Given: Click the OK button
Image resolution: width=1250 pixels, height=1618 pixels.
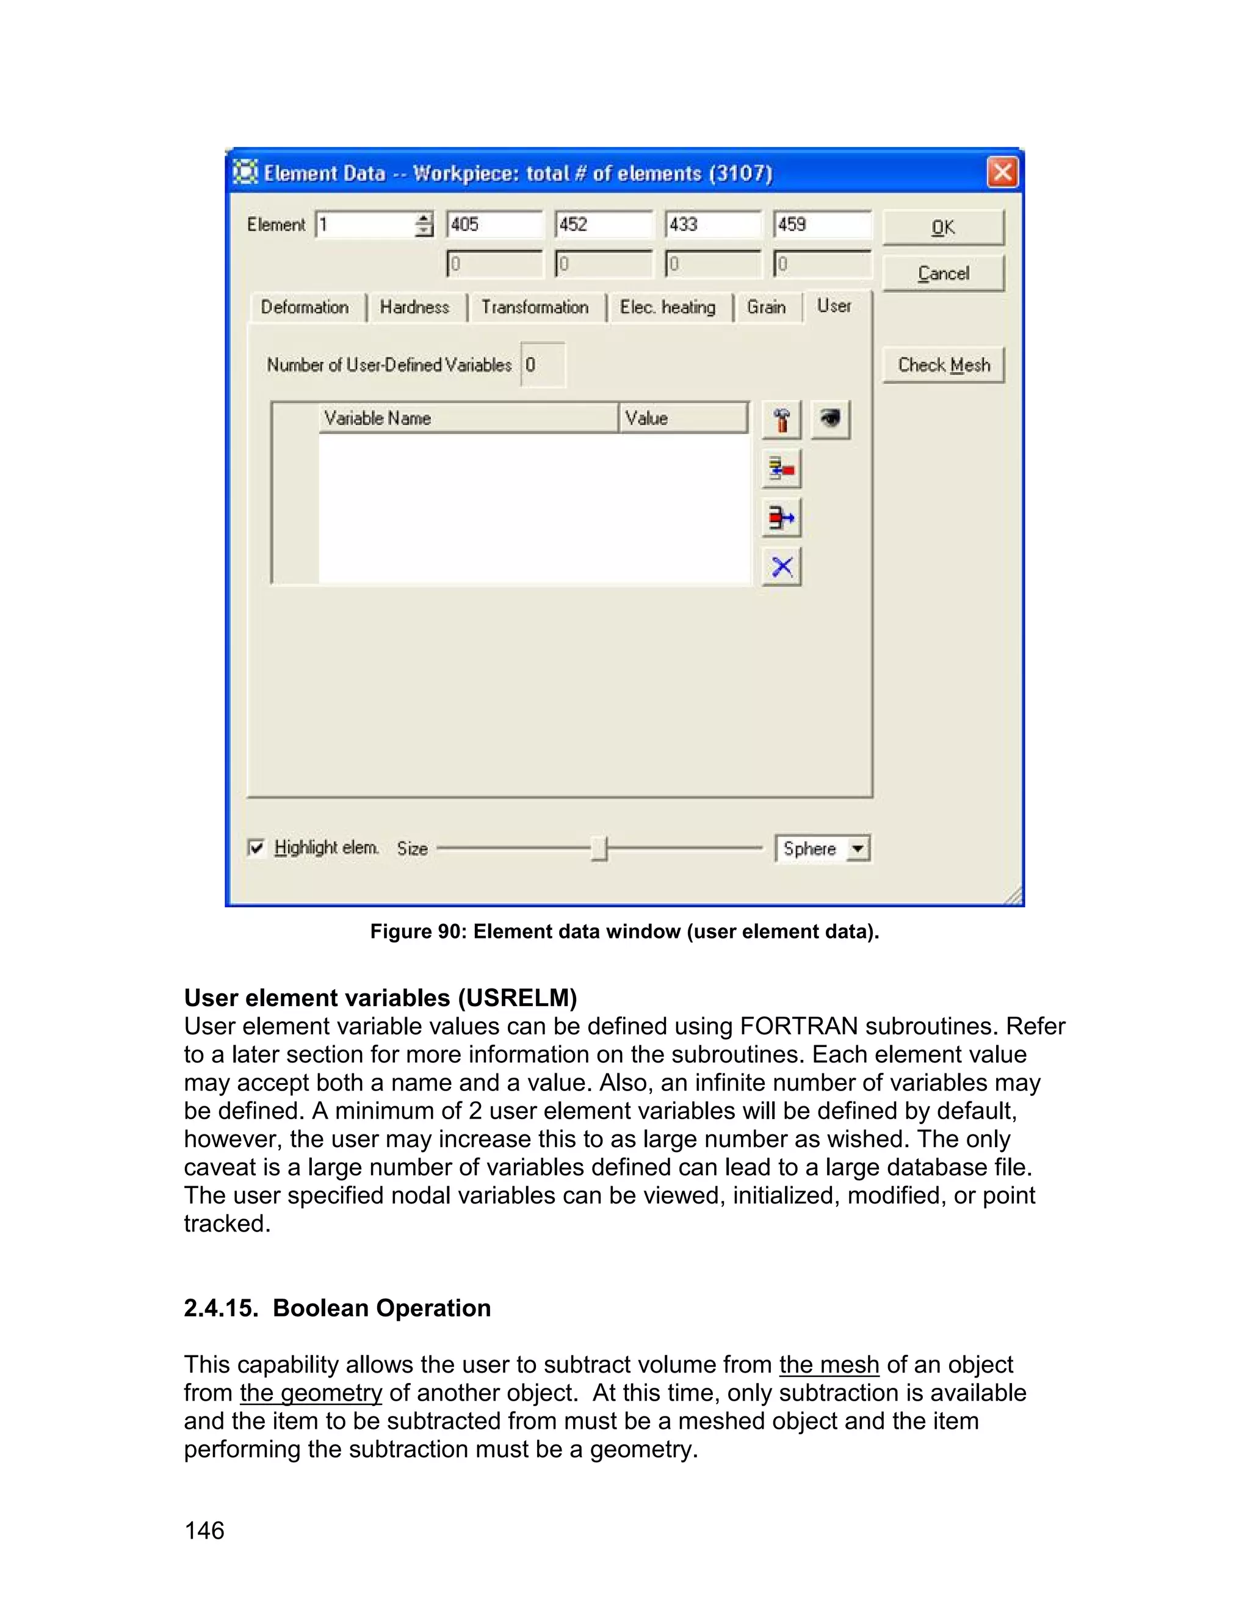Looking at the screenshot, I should click(x=942, y=228).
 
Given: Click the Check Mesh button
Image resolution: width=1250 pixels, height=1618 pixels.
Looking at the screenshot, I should click(x=942, y=365).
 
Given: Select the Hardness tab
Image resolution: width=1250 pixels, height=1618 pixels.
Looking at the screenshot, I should click(x=414, y=308).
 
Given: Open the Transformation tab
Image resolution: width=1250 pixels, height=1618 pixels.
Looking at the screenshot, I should click(x=535, y=308).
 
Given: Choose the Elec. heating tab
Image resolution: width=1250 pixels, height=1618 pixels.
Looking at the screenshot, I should click(x=667, y=308).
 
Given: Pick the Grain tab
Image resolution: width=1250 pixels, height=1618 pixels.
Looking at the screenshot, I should click(x=766, y=308).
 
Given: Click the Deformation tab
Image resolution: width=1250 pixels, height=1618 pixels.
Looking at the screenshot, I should click(x=305, y=308).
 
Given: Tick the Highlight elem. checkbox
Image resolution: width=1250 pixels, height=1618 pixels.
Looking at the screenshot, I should click(x=256, y=847).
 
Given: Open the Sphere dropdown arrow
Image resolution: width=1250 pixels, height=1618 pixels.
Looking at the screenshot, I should click(x=858, y=848).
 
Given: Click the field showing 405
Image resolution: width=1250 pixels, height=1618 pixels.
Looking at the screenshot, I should click(x=494, y=225).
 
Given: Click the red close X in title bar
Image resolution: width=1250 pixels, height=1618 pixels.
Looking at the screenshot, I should click(x=1002, y=173).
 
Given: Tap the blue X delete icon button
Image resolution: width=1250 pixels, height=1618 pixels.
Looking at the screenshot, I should click(x=782, y=567).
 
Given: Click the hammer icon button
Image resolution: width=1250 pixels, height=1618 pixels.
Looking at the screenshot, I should click(x=781, y=420).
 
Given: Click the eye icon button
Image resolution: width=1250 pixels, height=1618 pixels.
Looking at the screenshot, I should click(x=830, y=420).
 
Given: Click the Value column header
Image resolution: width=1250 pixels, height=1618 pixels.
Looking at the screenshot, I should click(x=681, y=418).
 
